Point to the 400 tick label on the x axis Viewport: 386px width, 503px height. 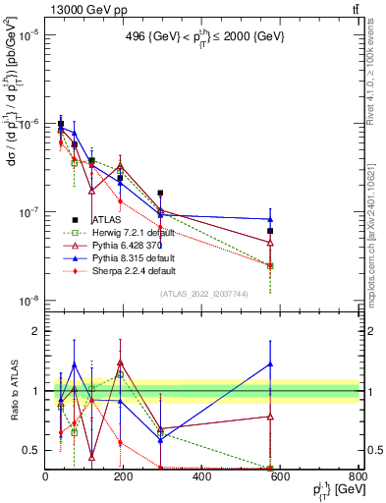click(x=202, y=477)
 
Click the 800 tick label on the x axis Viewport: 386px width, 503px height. click(x=358, y=477)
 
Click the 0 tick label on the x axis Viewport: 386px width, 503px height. click(x=45, y=477)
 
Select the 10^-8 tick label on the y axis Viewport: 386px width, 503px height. click(x=28, y=301)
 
